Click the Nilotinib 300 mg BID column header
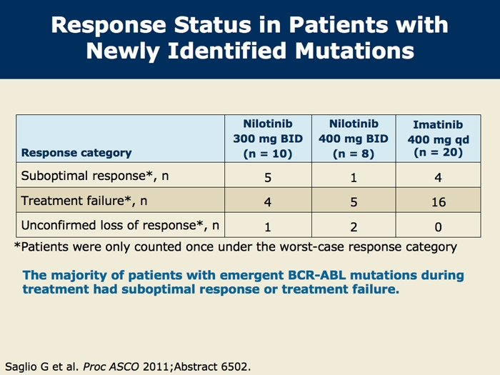pos(268,139)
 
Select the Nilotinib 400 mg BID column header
pos(354,139)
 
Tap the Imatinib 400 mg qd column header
pos(438,139)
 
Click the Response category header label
pos(76,153)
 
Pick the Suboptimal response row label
pos(95,176)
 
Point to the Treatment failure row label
pos(84,201)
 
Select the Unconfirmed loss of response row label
pos(120,225)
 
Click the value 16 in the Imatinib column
pos(439,202)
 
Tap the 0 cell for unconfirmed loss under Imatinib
pos(438,226)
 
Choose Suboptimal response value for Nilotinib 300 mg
pos(268,177)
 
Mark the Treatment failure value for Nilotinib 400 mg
pos(354,202)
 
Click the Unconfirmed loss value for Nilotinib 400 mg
pos(354,226)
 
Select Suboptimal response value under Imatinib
pos(438,177)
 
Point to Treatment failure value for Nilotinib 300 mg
pos(268,202)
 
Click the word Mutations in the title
pos(354,51)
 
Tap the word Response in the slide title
pos(109,25)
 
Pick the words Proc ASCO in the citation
pos(111,366)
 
